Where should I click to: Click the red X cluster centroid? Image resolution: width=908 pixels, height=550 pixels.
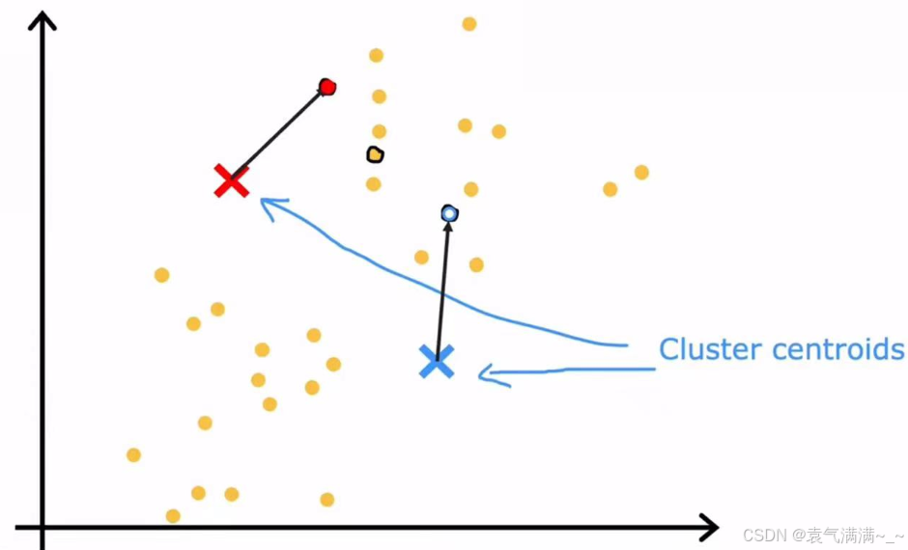232,180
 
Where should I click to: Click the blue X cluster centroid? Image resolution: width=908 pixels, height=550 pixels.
437,361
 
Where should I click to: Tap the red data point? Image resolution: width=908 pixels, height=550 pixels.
327,88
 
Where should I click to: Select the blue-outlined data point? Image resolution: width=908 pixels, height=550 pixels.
449,213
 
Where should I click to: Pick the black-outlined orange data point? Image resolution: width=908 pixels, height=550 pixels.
375,154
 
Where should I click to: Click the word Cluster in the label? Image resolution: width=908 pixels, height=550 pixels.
701,348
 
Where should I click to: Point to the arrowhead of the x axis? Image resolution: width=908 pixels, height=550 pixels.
711,527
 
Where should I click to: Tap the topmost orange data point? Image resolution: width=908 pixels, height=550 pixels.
469,24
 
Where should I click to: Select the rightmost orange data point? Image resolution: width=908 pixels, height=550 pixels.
641,173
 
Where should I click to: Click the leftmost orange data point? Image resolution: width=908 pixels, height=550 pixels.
133,454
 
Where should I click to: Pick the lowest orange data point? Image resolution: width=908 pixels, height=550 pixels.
173,516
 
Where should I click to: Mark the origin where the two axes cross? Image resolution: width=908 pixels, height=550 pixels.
43,527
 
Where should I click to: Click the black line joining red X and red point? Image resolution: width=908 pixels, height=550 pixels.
278,134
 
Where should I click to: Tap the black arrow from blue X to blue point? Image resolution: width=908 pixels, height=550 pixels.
442,289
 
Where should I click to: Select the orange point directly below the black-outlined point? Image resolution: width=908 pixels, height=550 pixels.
374,184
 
